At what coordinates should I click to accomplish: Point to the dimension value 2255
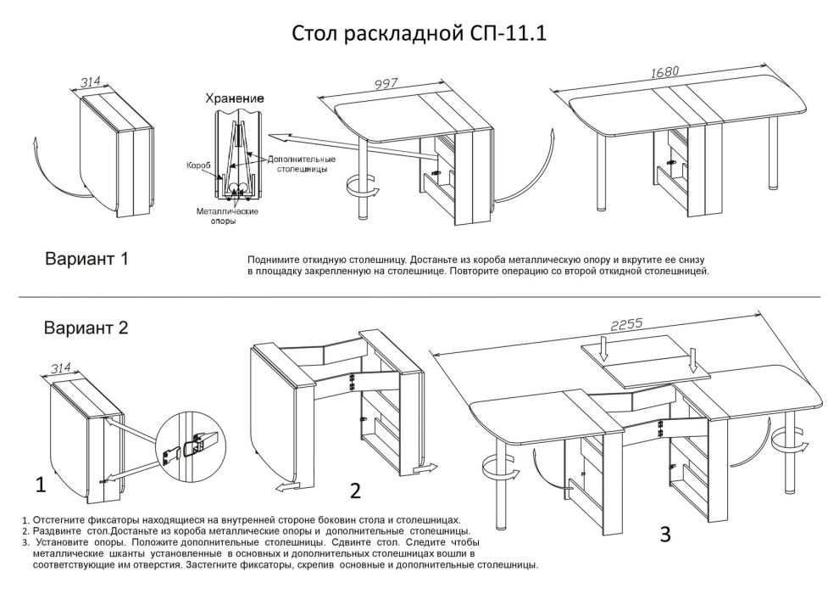click(627, 324)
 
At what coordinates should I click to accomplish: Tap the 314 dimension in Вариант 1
click(91, 82)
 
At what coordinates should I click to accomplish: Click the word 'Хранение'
click(234, 99)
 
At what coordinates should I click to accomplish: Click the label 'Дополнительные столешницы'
click(301, 164)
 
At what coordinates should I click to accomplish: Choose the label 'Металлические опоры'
click(227, 216)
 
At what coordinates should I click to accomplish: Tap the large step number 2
click(356, 490)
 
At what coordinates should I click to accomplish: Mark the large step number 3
click(665, 534)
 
